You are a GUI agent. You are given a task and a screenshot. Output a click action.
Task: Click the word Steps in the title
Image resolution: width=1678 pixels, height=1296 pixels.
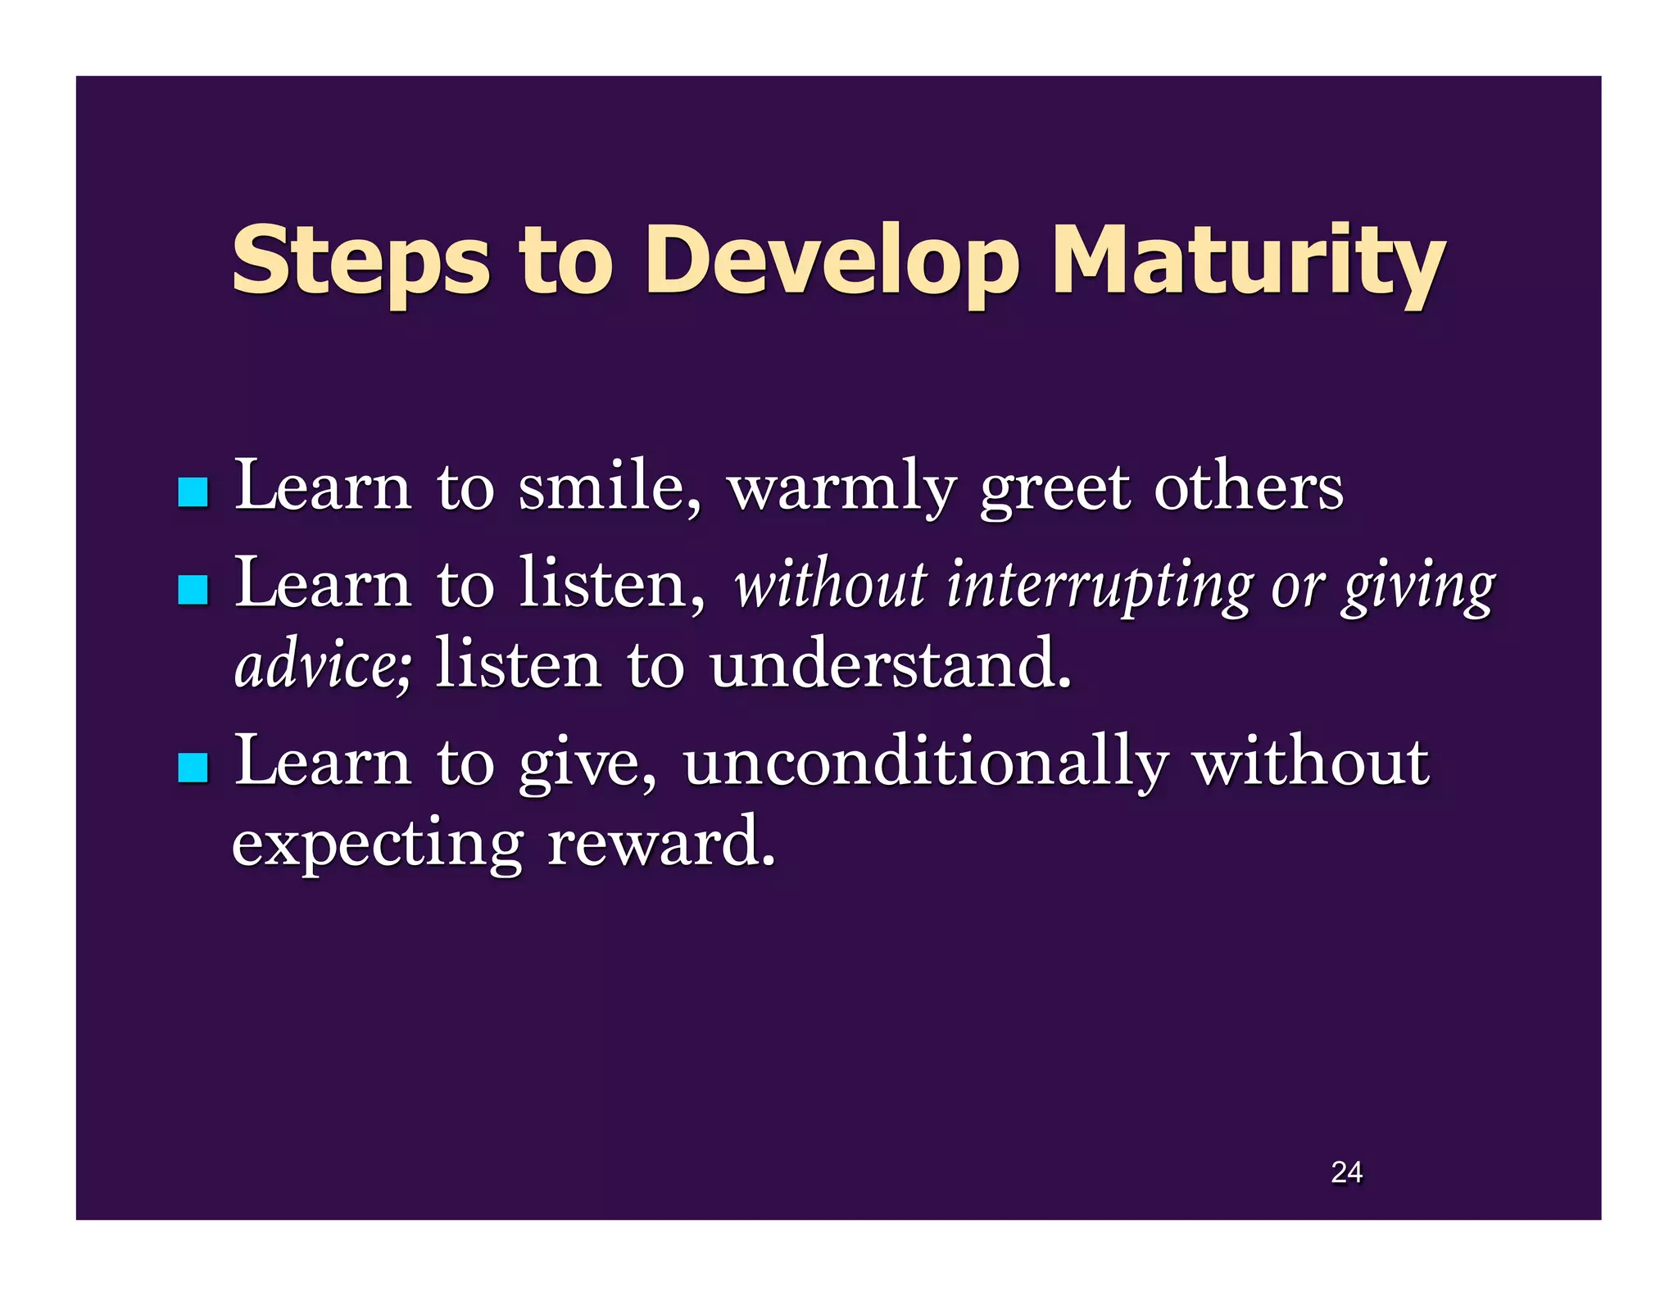coord(361,262)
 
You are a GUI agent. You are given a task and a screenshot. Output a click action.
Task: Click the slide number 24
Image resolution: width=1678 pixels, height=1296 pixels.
coord(1346,1172)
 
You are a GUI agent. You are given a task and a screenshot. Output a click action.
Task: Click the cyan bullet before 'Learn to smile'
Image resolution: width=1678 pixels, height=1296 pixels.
coord(193,492)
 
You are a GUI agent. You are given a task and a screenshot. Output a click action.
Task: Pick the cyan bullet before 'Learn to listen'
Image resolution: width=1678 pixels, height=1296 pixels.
coord(193,590)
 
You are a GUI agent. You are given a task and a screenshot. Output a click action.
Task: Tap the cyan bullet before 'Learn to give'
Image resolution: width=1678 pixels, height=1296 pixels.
coord(193,768)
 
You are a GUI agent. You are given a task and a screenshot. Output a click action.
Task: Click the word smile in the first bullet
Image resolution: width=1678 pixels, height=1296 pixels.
coord(610,488)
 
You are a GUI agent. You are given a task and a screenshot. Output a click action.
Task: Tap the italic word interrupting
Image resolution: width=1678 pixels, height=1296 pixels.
coord(1099,587)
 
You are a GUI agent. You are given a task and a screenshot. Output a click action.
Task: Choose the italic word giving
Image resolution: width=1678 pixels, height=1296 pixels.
coord(1418,587)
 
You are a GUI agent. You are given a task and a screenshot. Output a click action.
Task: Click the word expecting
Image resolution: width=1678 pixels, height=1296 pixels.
coord(377,844)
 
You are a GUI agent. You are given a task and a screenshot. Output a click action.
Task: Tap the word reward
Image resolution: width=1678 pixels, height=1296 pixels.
coord(660,844)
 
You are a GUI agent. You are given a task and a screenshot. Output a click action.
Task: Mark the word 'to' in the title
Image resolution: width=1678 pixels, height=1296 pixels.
coord(565,262)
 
